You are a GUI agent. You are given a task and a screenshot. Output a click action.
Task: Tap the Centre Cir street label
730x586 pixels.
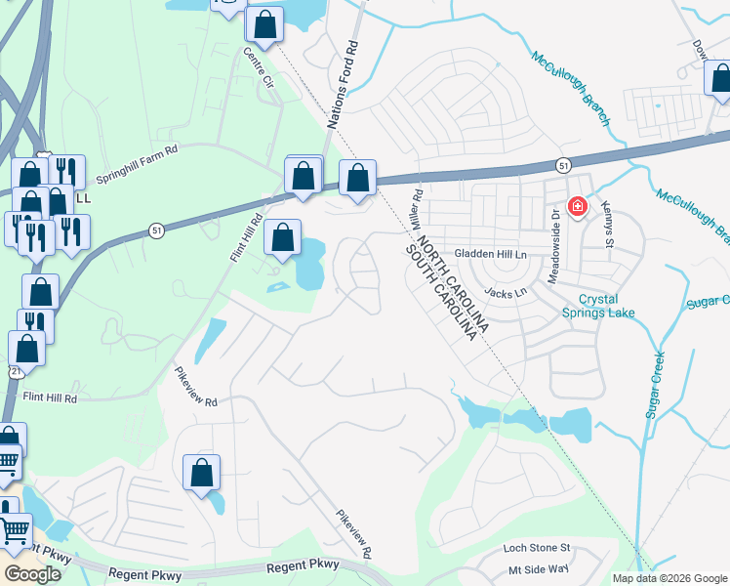pos(260,63)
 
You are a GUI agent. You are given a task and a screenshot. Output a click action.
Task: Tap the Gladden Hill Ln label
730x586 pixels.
pos(495,254)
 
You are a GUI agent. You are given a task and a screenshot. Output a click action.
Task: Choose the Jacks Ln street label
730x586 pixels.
pos(506,292)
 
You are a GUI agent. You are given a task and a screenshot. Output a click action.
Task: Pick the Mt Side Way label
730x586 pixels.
pos(538,569)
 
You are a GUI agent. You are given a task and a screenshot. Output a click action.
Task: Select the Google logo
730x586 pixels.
pos(32,573)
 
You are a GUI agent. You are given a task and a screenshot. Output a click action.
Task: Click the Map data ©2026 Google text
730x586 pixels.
pos(669,578)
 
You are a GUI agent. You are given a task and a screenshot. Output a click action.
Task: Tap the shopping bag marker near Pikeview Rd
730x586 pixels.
pos(201,472)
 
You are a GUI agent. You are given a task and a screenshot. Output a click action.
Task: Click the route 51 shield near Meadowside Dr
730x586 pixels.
pos(563,166)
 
